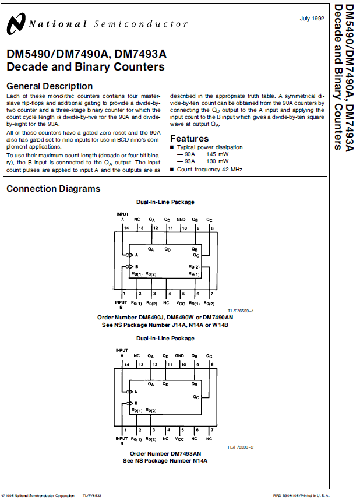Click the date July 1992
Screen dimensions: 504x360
[312, 19]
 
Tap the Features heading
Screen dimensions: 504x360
[189, 139]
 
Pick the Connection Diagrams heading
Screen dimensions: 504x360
[53, 189]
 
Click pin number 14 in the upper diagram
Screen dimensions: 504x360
[126, 228]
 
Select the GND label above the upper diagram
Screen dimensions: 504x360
[181, 220]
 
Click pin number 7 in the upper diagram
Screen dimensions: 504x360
[212, 294]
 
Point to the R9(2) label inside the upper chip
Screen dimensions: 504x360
[194, 266]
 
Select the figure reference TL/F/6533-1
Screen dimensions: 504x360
[240, 311]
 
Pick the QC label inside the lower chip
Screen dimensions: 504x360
[195, 397]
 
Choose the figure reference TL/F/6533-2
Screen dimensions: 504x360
[240, 447]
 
